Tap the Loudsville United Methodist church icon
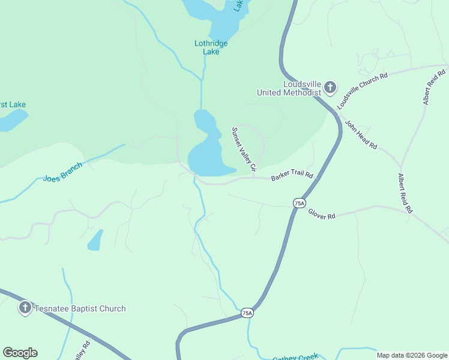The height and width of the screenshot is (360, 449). point(330,88)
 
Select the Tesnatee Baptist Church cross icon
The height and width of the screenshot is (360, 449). point(25,308)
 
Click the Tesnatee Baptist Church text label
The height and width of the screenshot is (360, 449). point(80,308)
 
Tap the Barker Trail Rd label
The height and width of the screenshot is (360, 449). point(292,176)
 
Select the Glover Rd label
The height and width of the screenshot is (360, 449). point(322,214)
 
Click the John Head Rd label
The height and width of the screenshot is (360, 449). point(360,135)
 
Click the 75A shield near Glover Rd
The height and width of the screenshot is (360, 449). point(299,203)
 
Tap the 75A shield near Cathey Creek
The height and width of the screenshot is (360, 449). point(247,313)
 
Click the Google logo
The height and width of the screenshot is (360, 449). point(20,353)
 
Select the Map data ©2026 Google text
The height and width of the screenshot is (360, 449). point(412,355)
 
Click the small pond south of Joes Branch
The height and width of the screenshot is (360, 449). point(95,241)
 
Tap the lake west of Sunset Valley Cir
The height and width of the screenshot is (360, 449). point(207,150)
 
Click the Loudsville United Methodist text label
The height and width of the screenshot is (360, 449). point(290,88)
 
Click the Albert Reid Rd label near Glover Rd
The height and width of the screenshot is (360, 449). point(405,194)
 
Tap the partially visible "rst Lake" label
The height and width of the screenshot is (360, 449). point(13,104)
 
